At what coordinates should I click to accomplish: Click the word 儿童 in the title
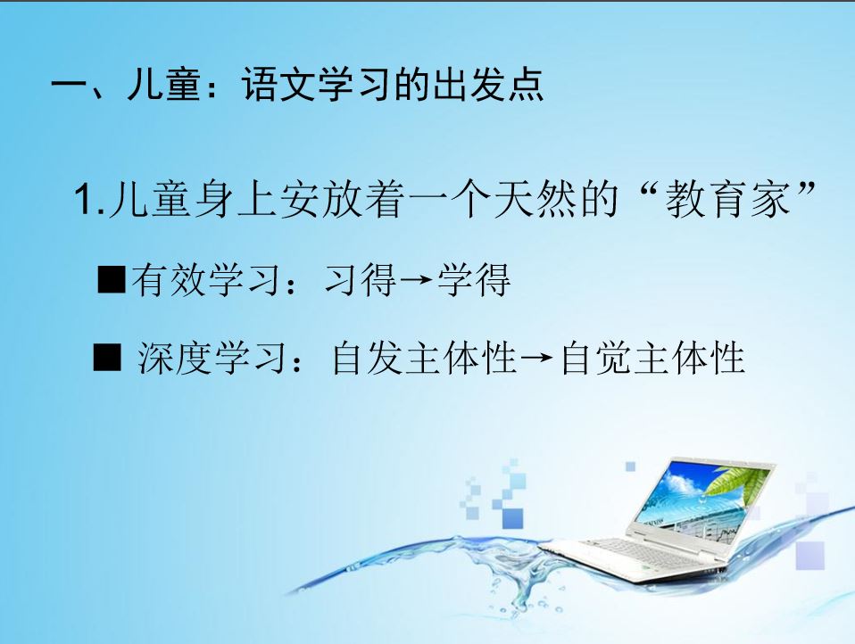pos(163,85)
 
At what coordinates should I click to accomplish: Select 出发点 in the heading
pos(488,85)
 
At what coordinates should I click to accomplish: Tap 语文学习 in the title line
pos(318,85)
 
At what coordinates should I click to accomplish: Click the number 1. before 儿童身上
pos(89,200)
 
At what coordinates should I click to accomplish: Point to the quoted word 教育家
pos(728,199)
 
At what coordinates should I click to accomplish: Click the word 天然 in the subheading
pos(535,199)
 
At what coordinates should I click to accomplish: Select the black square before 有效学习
pos(112,279)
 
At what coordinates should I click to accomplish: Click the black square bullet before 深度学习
pos(107,358)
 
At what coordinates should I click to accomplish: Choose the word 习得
pos(361,279)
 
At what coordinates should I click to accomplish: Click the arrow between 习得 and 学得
pos(416,281)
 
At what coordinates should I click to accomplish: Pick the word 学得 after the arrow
pos(473,279)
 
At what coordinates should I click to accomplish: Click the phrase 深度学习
pos(212,358)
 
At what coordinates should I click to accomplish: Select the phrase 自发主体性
pos(424,358)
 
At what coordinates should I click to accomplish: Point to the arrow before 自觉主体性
pos(537,359)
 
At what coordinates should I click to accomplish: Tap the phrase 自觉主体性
pos(652,358)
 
